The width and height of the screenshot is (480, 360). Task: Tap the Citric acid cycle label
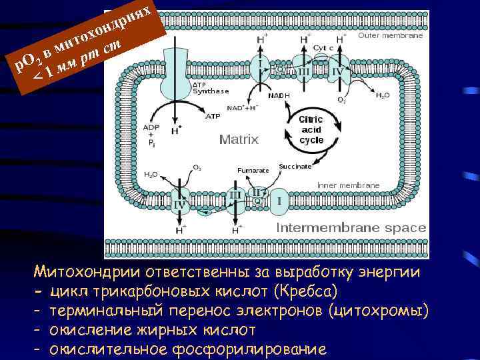pos(311,127)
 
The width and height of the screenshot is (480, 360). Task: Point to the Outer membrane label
pos(391,36)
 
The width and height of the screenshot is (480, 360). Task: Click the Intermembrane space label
pos(351,228)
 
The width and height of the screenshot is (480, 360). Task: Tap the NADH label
pos(279,95)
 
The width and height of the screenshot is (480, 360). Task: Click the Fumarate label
pos(253,170)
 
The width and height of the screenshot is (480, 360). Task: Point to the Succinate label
pos(295,166)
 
